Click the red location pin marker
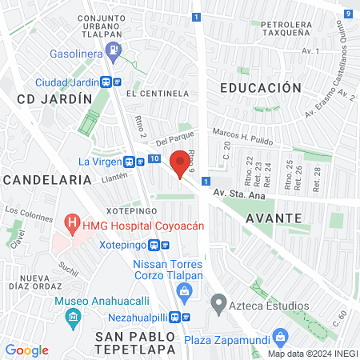tap(181, 165)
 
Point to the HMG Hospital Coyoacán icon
tap(73, 221)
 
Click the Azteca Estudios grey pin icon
tap(216, 303)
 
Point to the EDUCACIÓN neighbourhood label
tap(261, 88)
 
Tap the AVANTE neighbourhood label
tap(274, 218)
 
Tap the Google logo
tap(26, 350)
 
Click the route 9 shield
tap(349, 14)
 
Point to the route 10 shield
tap(153, 161)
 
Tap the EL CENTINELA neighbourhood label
tap(163, 93)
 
